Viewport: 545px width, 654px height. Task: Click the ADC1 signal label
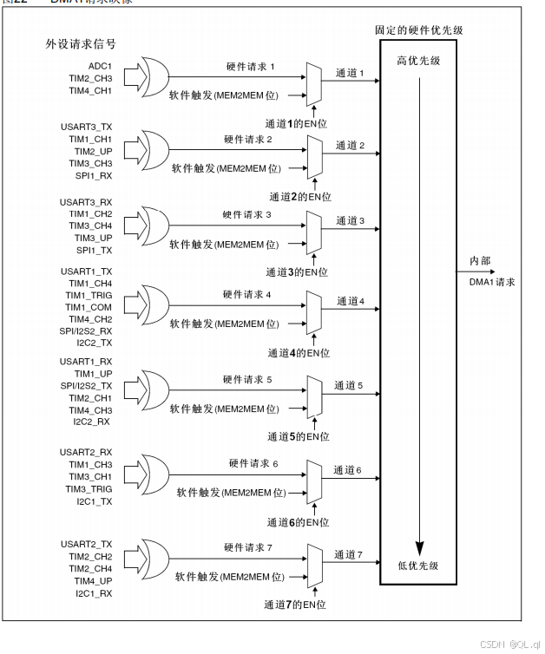point(101,65)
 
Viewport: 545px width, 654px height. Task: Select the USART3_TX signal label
point(86,127)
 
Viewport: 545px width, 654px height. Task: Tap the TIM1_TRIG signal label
point(89,296)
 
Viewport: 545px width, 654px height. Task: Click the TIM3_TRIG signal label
point(89,489)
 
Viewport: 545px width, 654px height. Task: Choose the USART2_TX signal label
point(86,543)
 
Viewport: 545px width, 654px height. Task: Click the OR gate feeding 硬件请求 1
point(155,77)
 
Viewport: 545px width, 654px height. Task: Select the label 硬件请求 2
point(247,139)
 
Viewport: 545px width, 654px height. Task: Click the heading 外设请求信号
point(81,43)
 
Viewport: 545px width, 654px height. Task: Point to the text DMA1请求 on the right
point(494,282)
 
